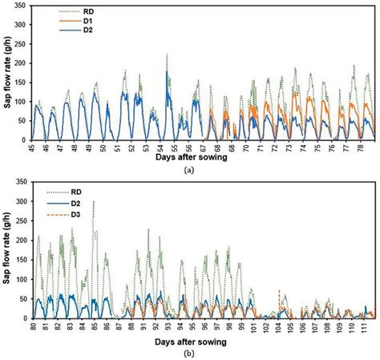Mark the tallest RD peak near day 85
(93, 202)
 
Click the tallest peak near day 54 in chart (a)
(167, 55)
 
